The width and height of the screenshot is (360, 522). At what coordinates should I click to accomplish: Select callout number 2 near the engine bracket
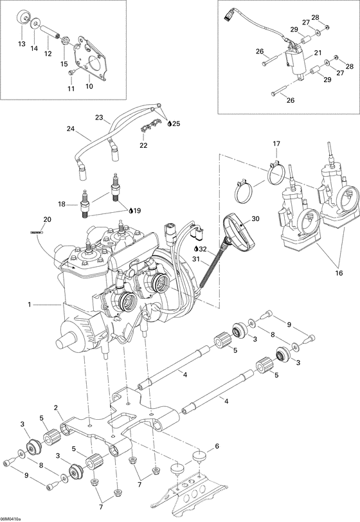coord(57,408)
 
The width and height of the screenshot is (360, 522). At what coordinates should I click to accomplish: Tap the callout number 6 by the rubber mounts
coord(216,446)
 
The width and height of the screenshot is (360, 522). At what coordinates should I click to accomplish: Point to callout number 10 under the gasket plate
coord(89,86)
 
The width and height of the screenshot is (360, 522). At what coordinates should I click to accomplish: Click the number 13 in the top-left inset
coord(21,44)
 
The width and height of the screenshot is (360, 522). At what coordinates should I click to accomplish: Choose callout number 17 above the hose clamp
coord(276,143)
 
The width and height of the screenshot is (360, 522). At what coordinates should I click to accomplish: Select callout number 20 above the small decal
coord(37,219)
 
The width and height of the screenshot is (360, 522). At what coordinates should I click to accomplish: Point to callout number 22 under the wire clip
coord(143,145)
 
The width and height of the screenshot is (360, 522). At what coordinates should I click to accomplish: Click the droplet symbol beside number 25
coord(169,123)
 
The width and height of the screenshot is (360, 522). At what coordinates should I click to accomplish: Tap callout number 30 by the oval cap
coord(256,219)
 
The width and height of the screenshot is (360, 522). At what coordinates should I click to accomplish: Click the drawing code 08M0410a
coord(12,518)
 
